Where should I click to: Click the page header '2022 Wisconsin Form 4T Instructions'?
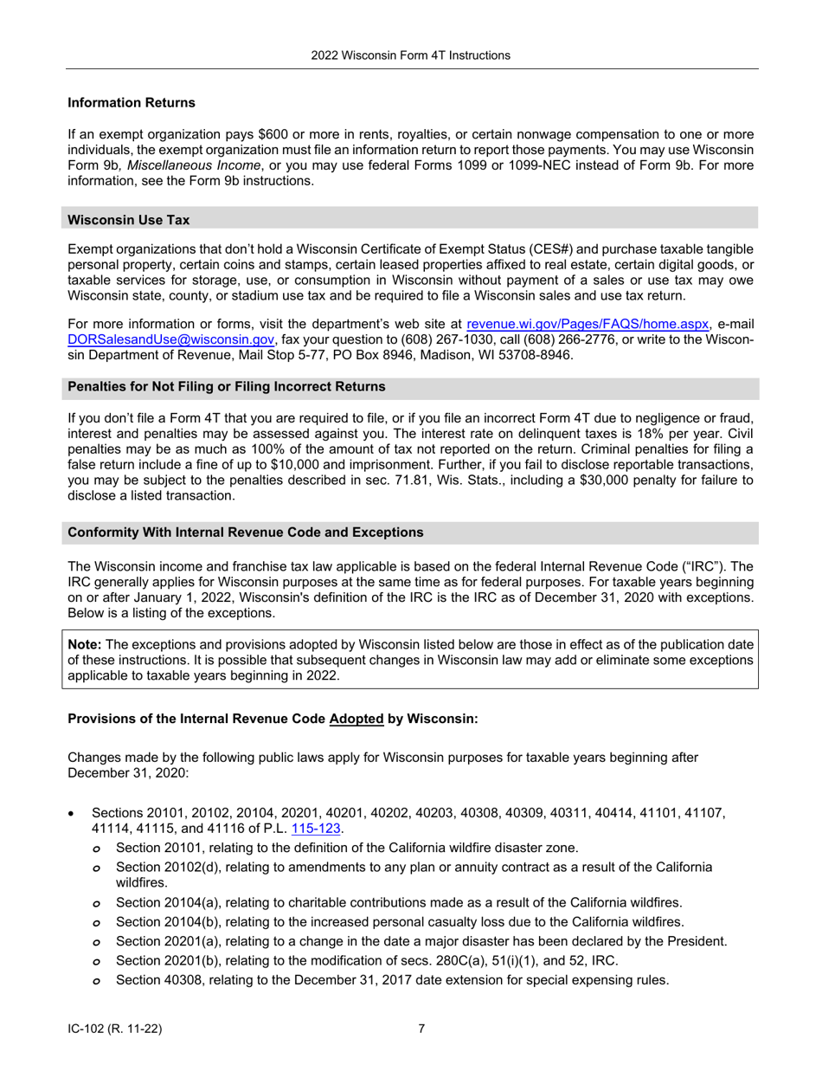tap(411, 55)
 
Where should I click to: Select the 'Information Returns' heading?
tap(132, 103)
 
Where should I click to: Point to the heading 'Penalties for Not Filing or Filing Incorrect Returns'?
tap(227, 385)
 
